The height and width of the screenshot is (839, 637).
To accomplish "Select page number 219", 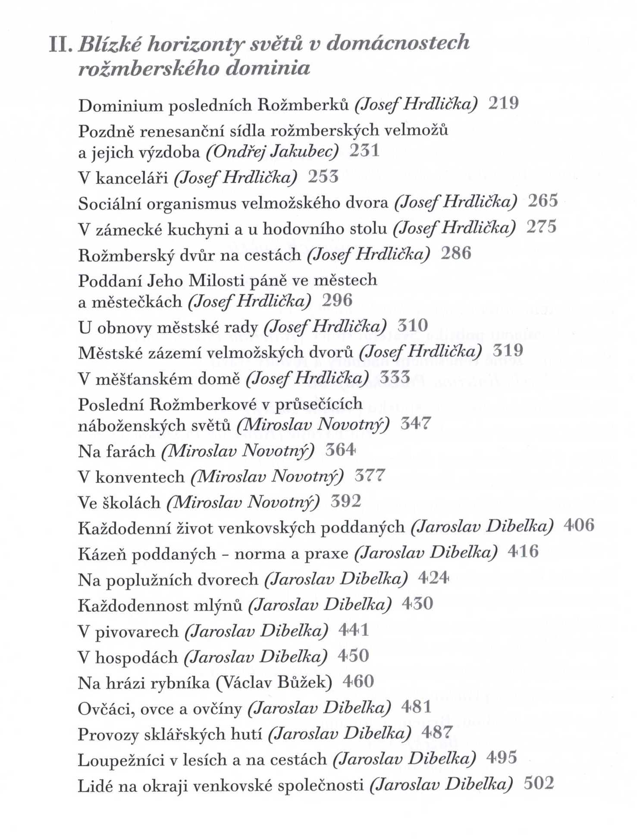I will [x=503, y=104].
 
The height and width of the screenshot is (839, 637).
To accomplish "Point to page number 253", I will [x=323, y=177].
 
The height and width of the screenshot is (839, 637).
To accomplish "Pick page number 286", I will [x=455, y=253].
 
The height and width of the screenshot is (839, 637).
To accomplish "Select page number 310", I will [x=412, y=326].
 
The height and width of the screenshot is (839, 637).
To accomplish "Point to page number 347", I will [x=415, y=424].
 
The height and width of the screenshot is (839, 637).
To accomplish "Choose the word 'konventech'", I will [x=140, y=477].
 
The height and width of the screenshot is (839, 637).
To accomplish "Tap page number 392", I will [x=345, y=502].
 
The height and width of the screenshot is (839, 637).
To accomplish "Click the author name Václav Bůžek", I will [x=274, y=683].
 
